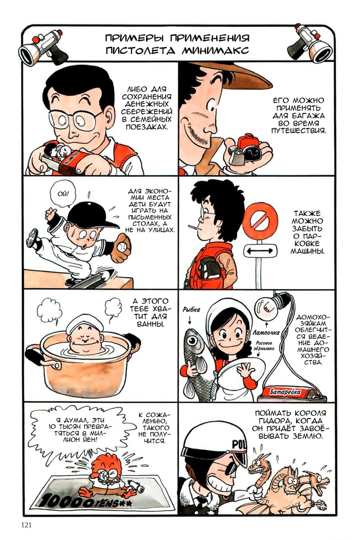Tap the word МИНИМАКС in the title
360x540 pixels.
pos(215,51)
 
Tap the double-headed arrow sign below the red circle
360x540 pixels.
pos(260,251)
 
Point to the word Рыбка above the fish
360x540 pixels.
pos(191,310)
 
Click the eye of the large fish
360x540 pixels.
pos(193,341)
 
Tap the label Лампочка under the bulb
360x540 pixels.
pos(266,333)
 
